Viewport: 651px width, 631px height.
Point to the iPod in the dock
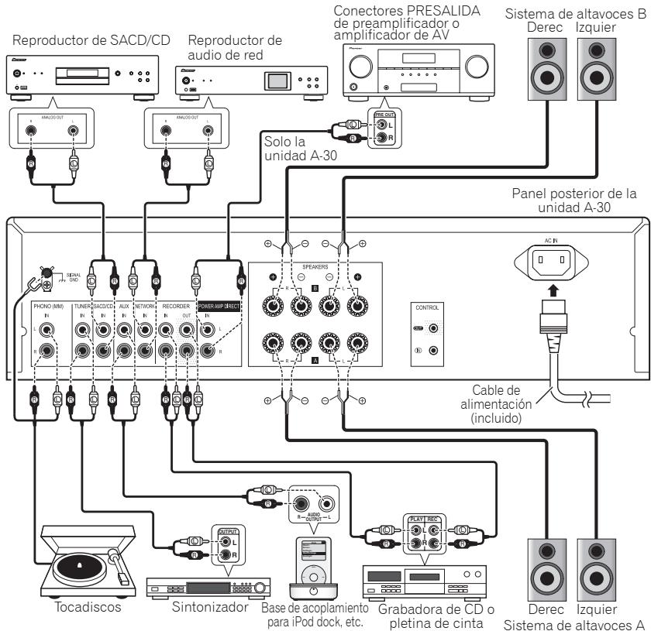(x=315, y=565)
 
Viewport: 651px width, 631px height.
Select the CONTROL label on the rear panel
(x=425, y=307)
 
